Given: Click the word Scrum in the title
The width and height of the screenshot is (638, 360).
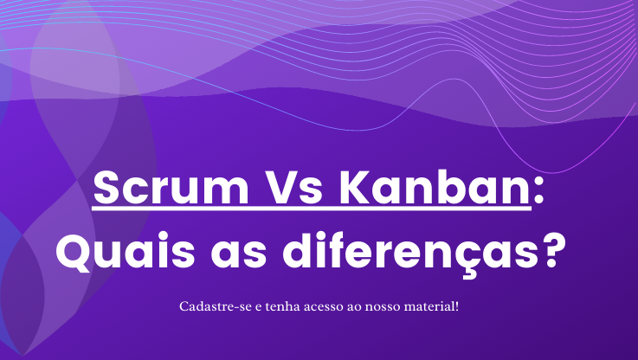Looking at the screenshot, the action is coord(171,189).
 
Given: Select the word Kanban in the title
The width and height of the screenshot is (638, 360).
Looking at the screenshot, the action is coord(435,188).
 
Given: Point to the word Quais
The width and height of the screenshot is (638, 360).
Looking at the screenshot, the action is coord(126,250).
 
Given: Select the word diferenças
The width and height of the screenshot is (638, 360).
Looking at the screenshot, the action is coord(411,252).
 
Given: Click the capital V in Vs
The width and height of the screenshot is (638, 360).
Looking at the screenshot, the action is coord(283,189).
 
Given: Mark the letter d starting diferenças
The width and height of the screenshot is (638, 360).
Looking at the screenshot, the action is coord(298,250).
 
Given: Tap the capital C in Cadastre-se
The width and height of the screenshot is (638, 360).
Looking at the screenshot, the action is coord(184,306).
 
